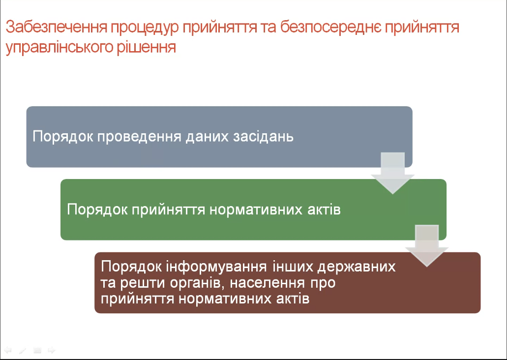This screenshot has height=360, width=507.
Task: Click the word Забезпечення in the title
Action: point(57,28)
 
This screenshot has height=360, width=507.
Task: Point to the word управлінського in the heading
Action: point(60,48)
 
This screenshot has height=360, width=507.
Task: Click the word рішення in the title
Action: point(147,47)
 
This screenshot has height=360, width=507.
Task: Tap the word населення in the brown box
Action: point(268,283)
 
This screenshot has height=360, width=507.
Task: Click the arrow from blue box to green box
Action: point(392,173)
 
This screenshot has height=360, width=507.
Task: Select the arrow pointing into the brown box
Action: point(427,245)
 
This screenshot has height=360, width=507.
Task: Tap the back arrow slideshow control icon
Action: point(7,350)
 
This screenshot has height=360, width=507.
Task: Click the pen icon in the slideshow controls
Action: point(22,350)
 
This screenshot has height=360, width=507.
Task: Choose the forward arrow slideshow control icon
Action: point(52,350)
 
